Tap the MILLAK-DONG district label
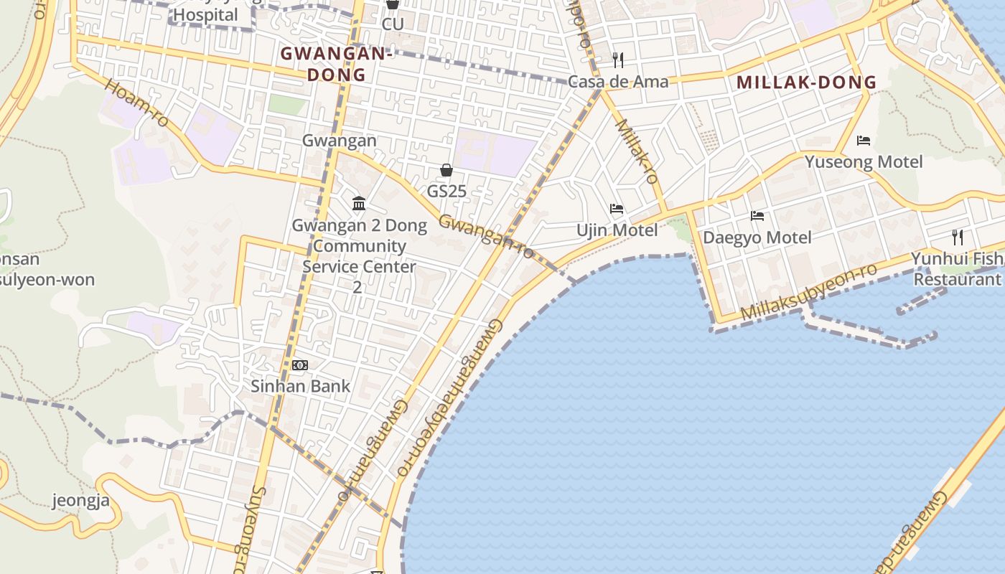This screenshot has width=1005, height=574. click(807, 82)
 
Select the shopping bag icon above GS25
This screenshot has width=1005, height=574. click(447, 170)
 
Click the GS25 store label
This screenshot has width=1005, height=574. click(447, 192)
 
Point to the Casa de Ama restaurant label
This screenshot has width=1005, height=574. click(618, 81)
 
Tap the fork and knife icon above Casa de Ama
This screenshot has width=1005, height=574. click(618, 60)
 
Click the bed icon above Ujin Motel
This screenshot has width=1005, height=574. click(617, 209)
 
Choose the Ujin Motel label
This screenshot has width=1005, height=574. click(617, 230)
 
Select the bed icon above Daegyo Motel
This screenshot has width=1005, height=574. click(757, 215)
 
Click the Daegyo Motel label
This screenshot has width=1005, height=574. click(757, 237)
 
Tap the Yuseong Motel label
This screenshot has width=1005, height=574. click(864, 161)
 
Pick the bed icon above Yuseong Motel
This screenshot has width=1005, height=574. click(864, 140)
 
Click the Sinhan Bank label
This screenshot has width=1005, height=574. click(300, 386)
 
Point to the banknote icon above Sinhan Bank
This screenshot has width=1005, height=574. click(300, 365)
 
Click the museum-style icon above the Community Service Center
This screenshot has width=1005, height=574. click(359, 204)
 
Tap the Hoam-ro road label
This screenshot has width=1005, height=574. click(136, 103)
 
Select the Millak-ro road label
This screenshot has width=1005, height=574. click(637, 151)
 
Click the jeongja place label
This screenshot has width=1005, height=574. click(81, 500)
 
